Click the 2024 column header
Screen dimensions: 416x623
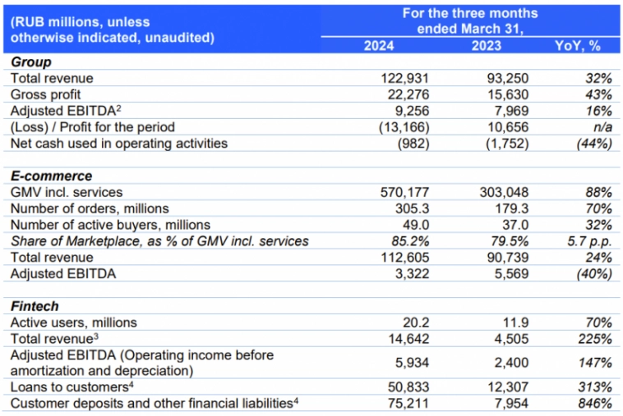379,46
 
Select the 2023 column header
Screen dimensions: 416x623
487,46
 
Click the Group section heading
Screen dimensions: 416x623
30,62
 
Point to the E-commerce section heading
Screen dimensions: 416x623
51,176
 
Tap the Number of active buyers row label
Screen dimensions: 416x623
110,224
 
